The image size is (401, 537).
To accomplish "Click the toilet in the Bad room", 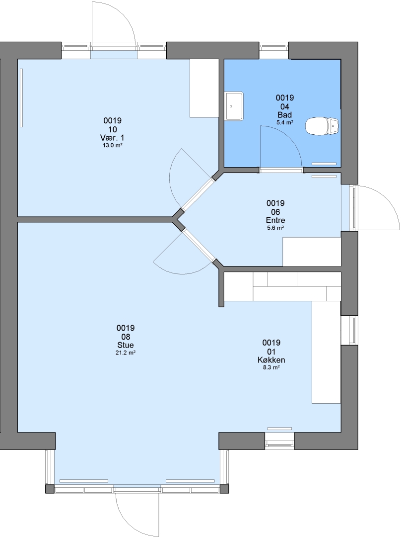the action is coord(322,126).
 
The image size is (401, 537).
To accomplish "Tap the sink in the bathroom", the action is coord(234,106).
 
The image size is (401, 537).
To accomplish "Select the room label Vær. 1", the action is coord(112,138).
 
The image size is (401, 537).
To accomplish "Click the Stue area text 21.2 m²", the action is coord(126,353).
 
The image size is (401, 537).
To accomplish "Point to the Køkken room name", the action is coord(271,360).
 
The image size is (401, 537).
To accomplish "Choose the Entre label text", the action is coord(275,220).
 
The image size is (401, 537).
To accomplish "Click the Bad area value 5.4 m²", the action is coord(285,122).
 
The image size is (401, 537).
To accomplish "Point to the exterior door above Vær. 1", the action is coord(114,26).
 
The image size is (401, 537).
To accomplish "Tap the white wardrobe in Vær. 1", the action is coord(204,89).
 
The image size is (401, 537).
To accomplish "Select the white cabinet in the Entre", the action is coord(312,252).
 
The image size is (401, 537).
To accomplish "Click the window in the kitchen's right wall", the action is coord(349,330).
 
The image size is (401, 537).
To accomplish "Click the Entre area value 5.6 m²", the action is coord(275,228).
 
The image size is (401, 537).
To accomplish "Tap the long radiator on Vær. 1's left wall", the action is coord(21,97).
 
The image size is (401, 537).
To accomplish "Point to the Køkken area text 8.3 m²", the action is coord(271,367).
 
